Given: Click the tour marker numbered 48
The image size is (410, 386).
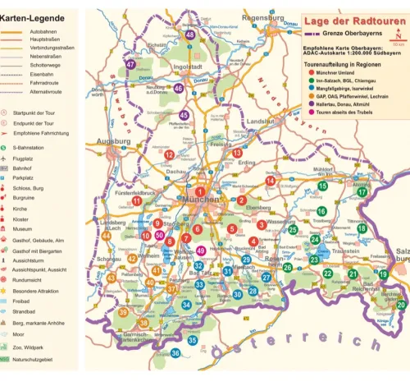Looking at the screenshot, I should coord(190,35).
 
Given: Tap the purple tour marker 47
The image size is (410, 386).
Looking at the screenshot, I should coord(130,64).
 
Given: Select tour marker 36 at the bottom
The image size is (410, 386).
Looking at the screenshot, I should coord(175,353).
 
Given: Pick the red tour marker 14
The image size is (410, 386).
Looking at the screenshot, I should coord(270,181).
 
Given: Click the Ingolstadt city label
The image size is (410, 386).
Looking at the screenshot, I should coord(188,67).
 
